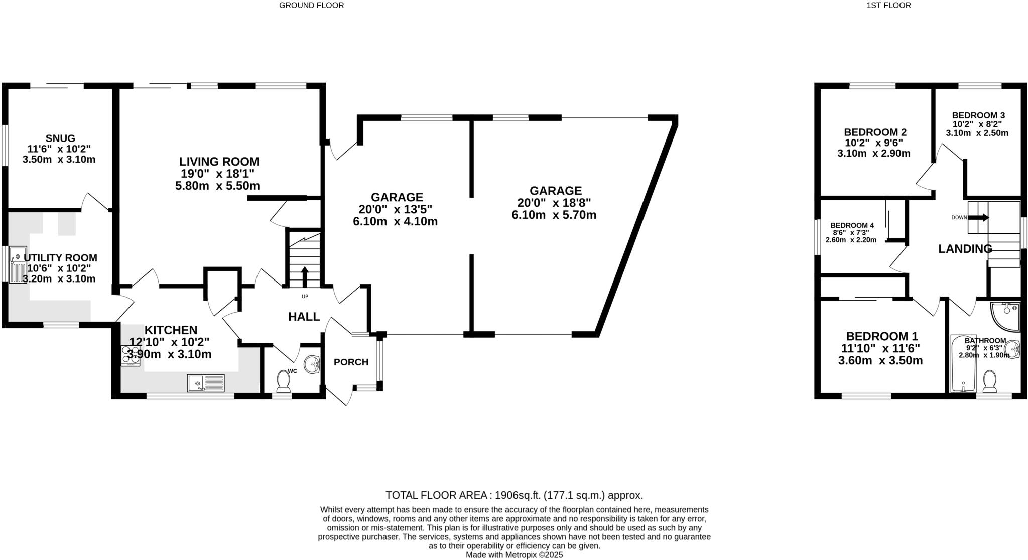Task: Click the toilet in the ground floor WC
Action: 284,382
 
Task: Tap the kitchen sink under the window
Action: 206,383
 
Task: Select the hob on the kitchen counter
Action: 131,355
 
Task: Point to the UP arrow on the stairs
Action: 305,275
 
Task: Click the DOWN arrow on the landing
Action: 978,217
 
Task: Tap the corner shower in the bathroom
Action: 1006,316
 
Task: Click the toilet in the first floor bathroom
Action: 990,382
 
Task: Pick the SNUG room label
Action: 60,138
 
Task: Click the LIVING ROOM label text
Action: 219,162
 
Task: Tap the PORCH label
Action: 351,362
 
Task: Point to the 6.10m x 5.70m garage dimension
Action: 554,215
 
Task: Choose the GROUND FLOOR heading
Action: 311,6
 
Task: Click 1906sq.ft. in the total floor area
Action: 518,495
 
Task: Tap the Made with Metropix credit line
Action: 514,555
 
